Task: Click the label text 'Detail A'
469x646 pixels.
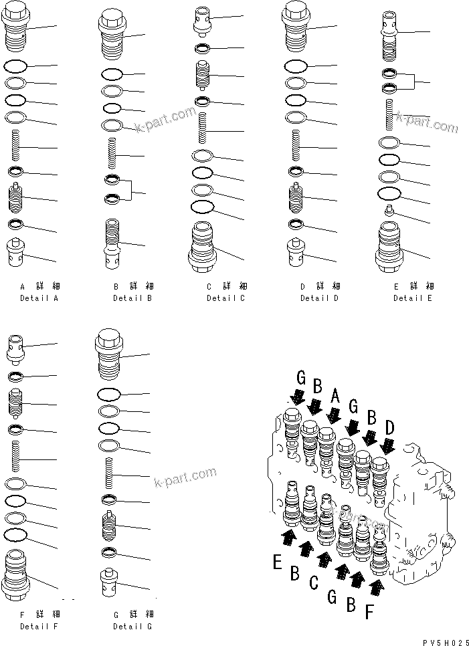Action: [x=39, y=298]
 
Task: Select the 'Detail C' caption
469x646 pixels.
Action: [x=225, y=298]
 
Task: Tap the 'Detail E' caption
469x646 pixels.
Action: [x=412, y=298]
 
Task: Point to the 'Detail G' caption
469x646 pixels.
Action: [x=132, y=627]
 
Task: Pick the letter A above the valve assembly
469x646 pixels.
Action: [x=335, y=397]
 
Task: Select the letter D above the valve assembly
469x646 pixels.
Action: [x=389, y=425]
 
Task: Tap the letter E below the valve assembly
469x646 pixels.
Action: [x=277, y=562]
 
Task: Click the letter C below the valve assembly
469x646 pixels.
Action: [x=314, y=582]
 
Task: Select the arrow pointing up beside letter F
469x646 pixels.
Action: [x=377, y=587]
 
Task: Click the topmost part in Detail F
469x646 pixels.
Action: [x=16, y=345]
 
